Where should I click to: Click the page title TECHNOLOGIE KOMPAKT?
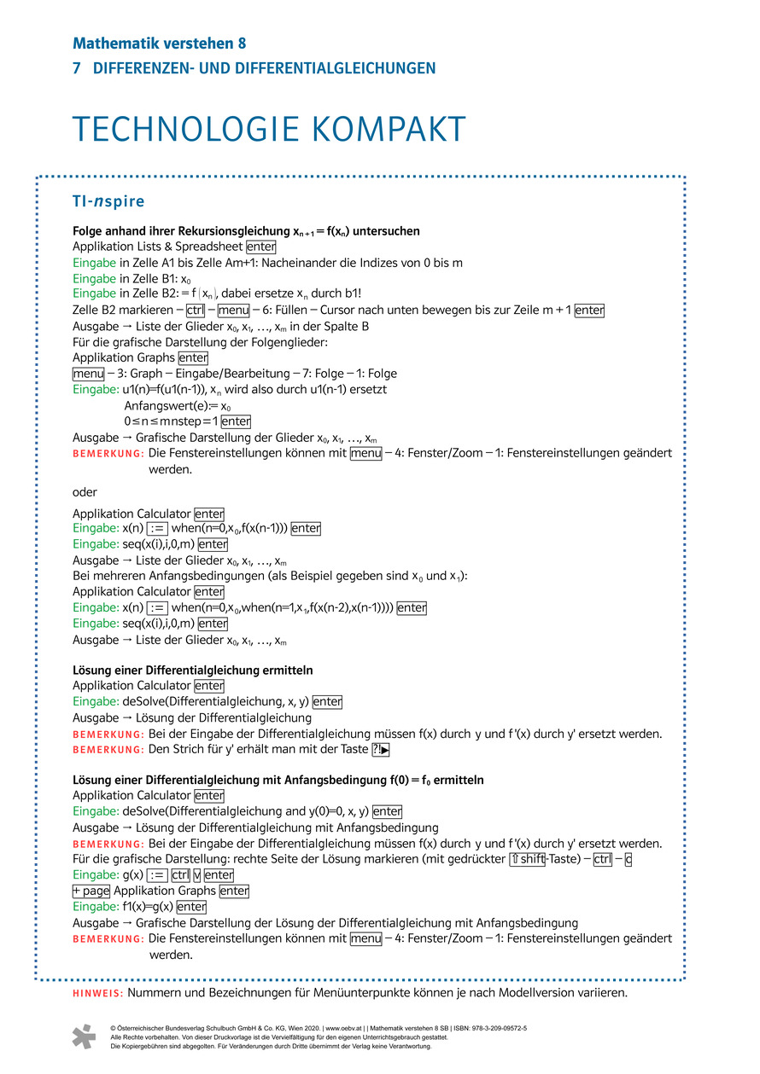click(x=269, y=129)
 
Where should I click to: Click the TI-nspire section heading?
click(x=108, y=202)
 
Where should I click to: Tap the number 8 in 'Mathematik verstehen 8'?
click(x=241, y=43)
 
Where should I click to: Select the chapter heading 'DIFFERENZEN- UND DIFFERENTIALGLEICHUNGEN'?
click(x=264, y=69)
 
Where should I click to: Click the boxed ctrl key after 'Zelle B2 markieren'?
click(x=195, y=311)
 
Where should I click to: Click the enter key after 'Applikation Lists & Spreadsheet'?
click(x=260, y=247)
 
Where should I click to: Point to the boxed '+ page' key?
click(x=91, y=891)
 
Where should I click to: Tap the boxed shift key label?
click(x=528, y=859)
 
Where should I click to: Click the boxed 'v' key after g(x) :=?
click(x=196, y=875)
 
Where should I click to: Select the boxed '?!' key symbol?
click(x=381, y=750)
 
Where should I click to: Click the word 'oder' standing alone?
click(x=85, y=492)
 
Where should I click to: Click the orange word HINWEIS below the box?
click(x=98, y=993)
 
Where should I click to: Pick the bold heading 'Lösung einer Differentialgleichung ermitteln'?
click(x=193, y=670)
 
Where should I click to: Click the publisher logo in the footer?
click(x=84, y=1036)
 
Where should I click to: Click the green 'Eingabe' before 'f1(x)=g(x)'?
click(x=96, y=907)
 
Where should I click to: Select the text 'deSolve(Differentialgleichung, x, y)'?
click(x=216, y=702)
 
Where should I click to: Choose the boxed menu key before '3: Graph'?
click(x=87, y=374)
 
